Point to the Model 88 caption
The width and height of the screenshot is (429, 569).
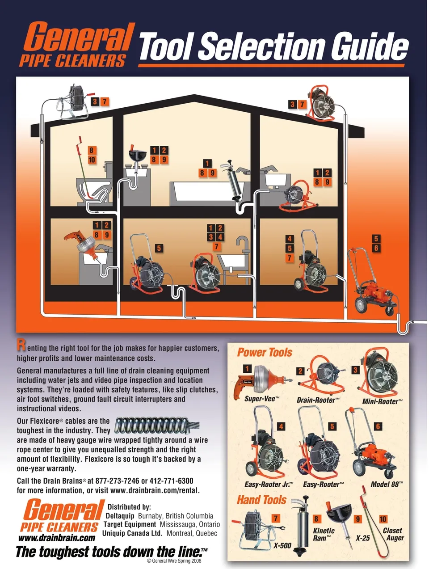coord(387,484)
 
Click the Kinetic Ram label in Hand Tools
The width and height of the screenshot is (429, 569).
coord(324,534)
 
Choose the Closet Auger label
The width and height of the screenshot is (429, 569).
coord(393,534)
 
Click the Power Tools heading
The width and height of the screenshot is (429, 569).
coord(264,352)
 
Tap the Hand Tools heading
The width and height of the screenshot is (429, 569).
coord(261,500)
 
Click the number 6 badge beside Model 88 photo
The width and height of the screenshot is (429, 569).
coord(378,426)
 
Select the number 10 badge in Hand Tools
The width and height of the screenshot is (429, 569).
coord(383,519)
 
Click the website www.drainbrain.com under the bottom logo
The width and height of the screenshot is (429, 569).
coord(56,538)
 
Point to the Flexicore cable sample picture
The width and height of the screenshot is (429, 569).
coord(156,426)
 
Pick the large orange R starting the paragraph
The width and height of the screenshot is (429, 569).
coord(21,346)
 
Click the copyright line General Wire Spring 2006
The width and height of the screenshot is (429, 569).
coord(174,561)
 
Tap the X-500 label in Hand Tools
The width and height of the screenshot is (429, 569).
coord(282,545)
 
